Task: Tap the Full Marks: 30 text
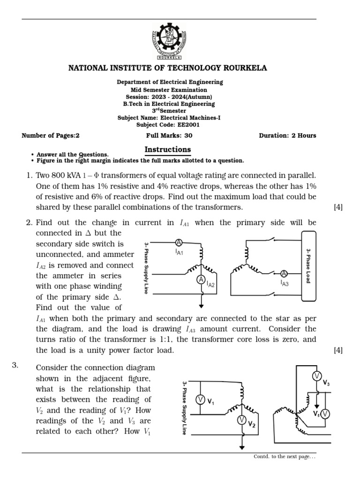(169, 135)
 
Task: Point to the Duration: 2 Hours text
(287, 135)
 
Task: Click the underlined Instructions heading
(167, 150)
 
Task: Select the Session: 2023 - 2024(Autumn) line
(169, 97)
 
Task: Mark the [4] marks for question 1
(338, 207)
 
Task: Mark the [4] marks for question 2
(338, 350)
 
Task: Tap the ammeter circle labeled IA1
(178, 242)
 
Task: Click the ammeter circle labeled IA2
(201, 280)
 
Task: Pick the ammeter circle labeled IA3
(284, 273)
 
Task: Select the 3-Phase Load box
(308, 265)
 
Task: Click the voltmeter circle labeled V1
(200, 399)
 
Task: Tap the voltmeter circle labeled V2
(242, 420)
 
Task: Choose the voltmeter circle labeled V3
(316, 376)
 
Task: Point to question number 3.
(15, 366)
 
